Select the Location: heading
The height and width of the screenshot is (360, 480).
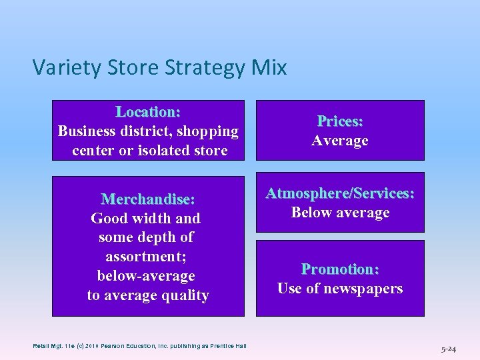(148, 111)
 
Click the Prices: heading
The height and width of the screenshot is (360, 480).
(340, 121)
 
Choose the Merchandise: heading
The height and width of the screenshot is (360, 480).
(148, 199)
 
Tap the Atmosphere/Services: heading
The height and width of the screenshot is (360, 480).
(340, 193)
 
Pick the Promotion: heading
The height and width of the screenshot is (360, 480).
(340, 269)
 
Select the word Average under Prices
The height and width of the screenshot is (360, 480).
(340, 141)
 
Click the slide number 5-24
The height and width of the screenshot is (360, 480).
(448, 349)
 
